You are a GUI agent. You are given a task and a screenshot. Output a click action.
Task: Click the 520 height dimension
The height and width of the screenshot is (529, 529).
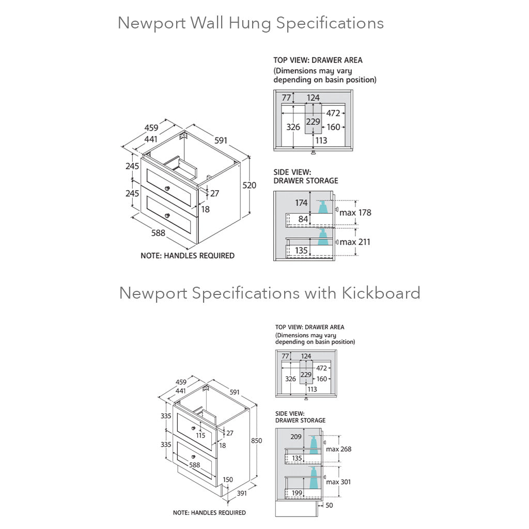pos(250,185)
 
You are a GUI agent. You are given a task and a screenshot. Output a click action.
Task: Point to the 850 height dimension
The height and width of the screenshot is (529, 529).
pos(257,441)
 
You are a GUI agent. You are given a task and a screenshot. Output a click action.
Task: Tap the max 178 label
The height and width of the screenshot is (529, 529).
pos(355,212)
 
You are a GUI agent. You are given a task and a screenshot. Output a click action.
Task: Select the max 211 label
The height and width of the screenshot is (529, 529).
pos(355,242)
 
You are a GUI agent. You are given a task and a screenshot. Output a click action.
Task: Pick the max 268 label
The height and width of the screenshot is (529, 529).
pos(338,449)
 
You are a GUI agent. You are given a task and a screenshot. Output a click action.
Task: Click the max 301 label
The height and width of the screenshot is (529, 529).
pos(338,482)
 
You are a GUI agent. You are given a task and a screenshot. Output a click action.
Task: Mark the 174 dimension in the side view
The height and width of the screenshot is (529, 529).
pos(301,203)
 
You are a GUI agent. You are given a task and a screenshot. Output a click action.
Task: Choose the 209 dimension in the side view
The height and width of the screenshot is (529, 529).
pos(296,437)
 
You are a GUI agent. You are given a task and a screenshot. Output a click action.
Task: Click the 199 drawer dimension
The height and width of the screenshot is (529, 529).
pos(297,493)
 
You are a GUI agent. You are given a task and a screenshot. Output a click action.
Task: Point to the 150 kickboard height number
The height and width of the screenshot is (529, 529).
pos(228,479)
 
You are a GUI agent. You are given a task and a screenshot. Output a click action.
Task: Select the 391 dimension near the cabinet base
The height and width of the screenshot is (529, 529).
pos(242,493)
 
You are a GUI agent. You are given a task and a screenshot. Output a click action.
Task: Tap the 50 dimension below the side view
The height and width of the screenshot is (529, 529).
pos(330,505)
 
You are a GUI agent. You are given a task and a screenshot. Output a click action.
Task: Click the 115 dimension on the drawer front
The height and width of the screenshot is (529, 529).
pos(200,435)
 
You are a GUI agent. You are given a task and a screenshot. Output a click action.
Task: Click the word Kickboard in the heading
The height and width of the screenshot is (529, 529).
pos(380,293)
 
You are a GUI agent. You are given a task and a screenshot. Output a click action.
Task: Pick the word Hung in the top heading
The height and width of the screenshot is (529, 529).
pos(253,23)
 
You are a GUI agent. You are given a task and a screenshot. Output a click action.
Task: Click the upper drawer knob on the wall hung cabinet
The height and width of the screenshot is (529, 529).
pos(167,188)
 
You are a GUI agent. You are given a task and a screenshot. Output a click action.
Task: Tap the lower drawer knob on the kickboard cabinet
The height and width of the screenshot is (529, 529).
pos(191,456)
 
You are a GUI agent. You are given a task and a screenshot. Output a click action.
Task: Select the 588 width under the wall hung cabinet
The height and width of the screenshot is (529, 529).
pos(158,233)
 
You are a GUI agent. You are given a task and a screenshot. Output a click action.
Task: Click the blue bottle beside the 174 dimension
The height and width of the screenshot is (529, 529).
pos(322,207)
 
